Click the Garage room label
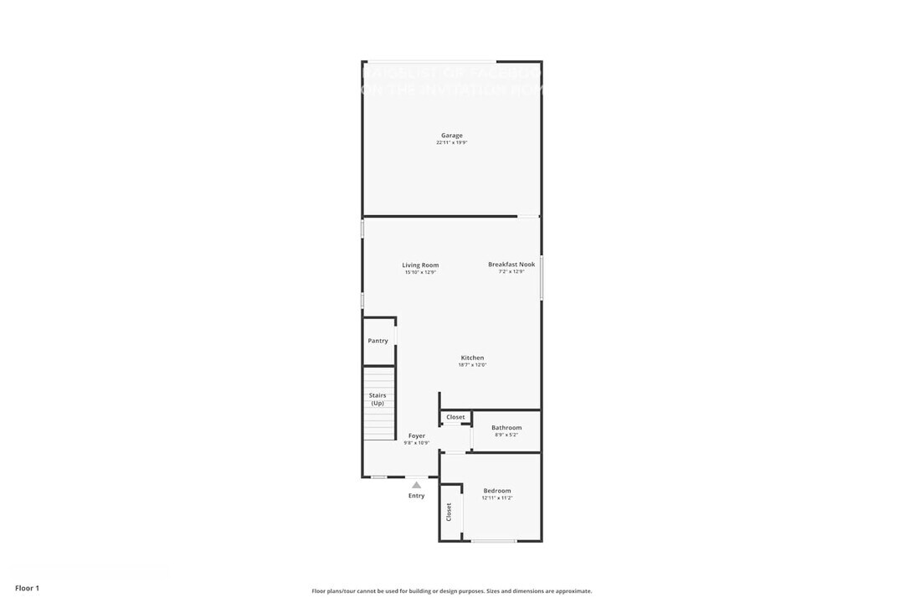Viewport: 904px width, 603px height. pos(452,136)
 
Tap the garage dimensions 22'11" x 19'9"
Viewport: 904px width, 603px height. pos(452,143)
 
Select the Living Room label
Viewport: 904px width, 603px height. pos(420,265)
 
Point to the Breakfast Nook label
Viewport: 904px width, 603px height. pos(511,265)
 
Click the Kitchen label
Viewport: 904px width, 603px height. pos(472,358)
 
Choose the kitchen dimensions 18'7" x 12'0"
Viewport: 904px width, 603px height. pos(472,365)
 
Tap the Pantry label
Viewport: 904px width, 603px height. pos(378,341)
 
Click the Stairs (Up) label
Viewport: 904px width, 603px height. pos(378,399)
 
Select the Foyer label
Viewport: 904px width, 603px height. pos(417,435)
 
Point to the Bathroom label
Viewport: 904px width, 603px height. pos(506,428)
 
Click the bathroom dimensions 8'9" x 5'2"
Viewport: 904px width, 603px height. pos(506,435)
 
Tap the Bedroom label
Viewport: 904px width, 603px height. pos(497,491)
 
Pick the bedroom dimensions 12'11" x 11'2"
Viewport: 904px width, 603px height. pos(497,498)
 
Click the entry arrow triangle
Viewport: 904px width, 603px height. pos(417,484)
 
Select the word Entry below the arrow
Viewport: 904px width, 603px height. pos(417,496)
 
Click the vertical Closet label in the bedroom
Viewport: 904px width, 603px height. pos(449,512)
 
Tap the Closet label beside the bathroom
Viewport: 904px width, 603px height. pos(455,417)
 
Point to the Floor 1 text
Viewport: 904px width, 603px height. pos(27,588)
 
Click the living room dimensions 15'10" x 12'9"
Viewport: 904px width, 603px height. pos(420,272)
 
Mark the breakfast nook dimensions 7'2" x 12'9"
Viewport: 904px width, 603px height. pos(511,271)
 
